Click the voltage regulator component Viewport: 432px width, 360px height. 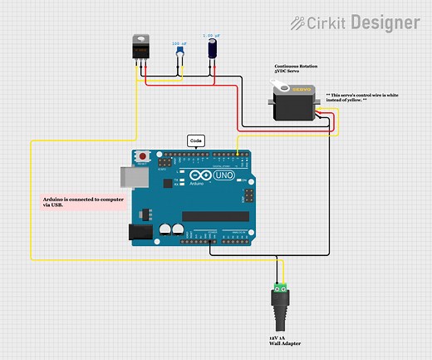point(143,49)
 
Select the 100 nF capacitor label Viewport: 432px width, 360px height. point(179,43)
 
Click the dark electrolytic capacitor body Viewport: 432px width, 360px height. point(213,51)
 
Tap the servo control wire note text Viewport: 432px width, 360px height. point(364,98)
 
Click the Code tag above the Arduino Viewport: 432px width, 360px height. point(196,141)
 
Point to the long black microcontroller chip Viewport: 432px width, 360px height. point(215,216)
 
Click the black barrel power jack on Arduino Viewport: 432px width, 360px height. point(141,230)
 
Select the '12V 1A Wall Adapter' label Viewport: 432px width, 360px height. point(284,341)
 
